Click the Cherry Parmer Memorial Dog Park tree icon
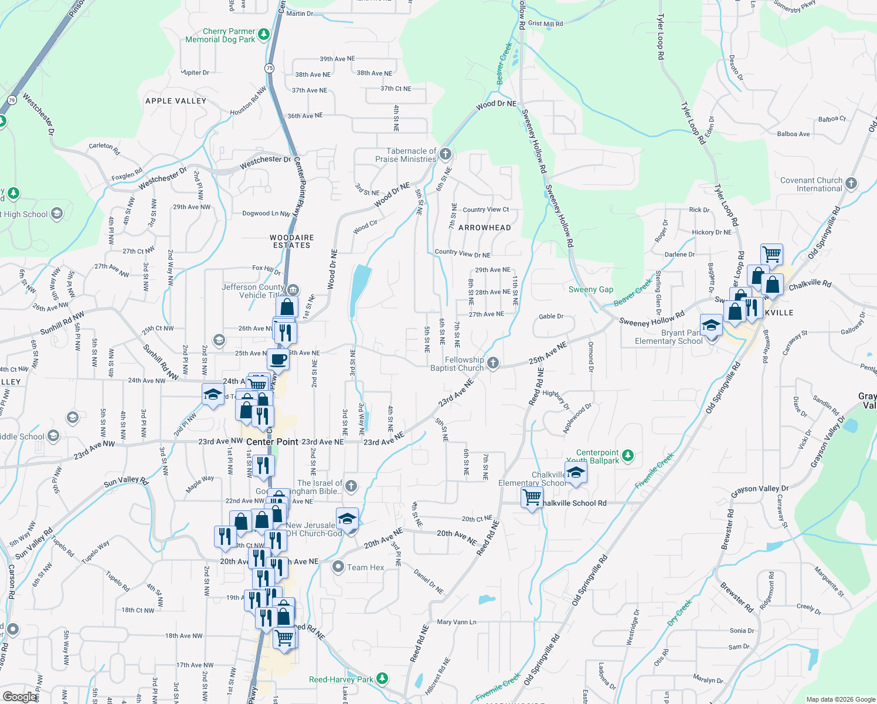pyautogui.click(x=264, y=35)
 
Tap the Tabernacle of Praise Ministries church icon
pyautogui.click(x=446, y=154)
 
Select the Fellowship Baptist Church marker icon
pyautogui.click(x=493, y=364)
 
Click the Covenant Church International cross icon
pyautogui.click(x=851, y=184)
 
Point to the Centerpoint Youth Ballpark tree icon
pyautogui.click(x=628, y=455)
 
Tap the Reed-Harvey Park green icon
pyautogui.click(x=382, y=679)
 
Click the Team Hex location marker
pyautogui.click(x=338, y=567)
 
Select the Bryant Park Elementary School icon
pyautogui.click(x=711, y=325)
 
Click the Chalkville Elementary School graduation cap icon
pyautogui.click(x=576, y=473)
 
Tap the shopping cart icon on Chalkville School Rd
pyautogui.click(x=532, y=497)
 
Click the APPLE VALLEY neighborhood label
pyautogui.click(x=176, y=101)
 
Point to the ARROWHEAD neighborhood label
pyautogui.click(x=485, y=228)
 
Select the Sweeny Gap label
pyautogui.click(x=591, y=289)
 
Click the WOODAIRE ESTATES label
pyautogui.click(x=292, y=241)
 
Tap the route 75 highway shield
pyautogui.click(x=269, y=68)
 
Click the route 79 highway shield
pyautogui.click(x=12, y=100)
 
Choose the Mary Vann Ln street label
pyautogui.click(x=457, y=622)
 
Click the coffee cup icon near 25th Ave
pyautogui.click(x=279, y=358)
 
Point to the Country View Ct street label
pyautogui.click(x=486, y=209)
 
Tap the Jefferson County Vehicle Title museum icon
pyautogui.click(x=294, y=290)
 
